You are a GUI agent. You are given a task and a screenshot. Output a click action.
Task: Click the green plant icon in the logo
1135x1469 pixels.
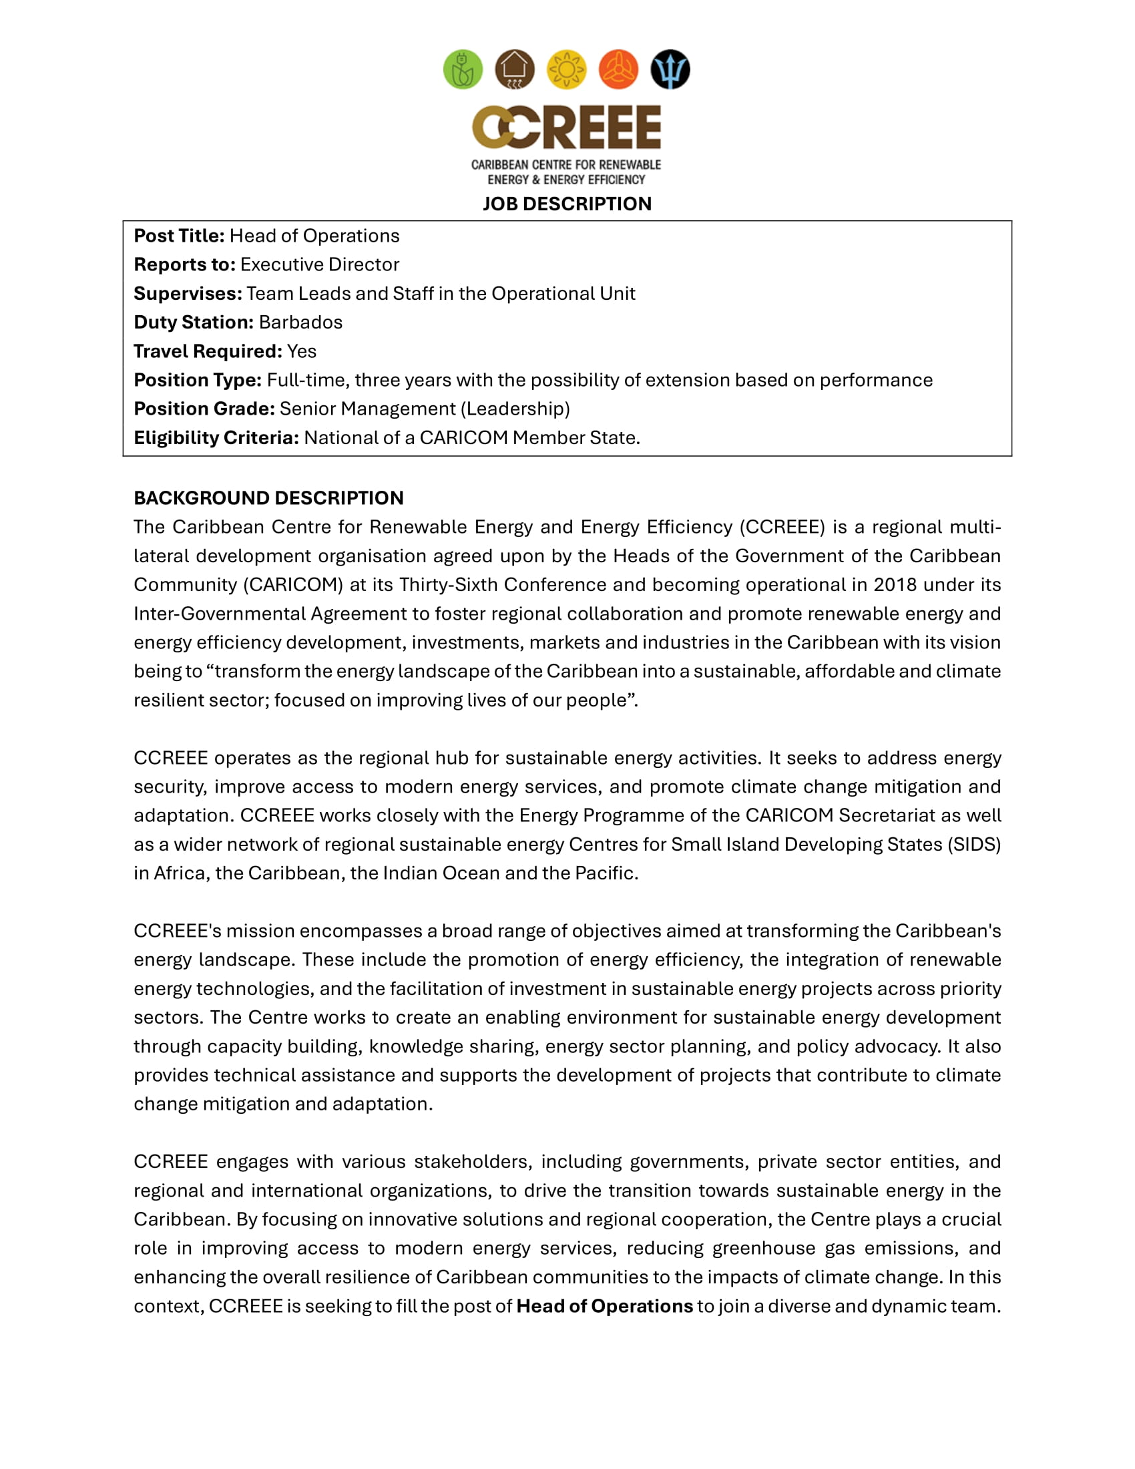pos(463,69)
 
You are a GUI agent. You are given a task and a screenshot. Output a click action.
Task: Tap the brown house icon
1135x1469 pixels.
pos(514,69)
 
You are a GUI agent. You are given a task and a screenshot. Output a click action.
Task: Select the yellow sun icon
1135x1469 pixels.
pos(566,69)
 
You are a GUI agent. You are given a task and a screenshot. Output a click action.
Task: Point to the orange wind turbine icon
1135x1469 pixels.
pos(618,69)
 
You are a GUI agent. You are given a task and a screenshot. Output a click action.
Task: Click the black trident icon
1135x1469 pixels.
pos(670,69)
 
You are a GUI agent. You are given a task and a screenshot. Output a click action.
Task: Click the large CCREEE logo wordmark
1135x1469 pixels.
pos(566,127)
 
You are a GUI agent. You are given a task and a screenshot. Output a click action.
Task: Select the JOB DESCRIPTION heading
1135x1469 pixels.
pos(567,204)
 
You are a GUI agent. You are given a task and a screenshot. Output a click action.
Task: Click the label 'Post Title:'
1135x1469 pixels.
pos(179,236)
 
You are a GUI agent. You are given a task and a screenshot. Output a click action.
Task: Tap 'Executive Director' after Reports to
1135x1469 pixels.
pos(319,265)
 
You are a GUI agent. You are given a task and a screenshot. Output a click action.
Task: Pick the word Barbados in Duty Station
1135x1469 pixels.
pos(300,323)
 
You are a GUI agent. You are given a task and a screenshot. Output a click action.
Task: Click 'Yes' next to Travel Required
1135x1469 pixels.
pos(301,352)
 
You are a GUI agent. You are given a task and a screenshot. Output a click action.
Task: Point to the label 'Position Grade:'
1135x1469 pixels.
pos(204,409)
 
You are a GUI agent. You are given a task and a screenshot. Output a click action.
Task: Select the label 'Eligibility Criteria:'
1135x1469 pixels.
pos(216,438)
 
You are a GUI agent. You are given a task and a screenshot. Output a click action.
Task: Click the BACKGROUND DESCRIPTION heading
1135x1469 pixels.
pos(268,498)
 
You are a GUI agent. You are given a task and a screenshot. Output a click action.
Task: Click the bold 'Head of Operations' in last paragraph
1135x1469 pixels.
pos(604,1307)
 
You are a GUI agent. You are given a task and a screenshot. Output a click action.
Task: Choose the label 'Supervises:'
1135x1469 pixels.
pos(188,294)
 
